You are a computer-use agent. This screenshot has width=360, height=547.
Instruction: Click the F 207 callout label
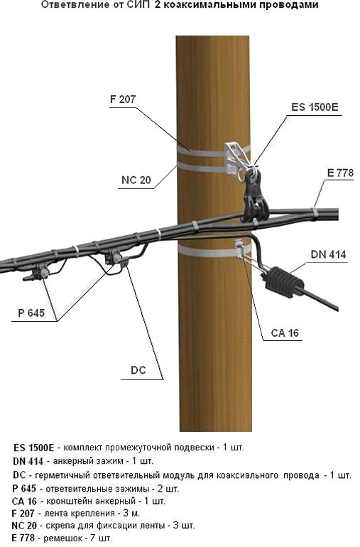[x=123, y=99]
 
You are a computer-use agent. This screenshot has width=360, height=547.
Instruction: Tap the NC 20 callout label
[x=136, y=180]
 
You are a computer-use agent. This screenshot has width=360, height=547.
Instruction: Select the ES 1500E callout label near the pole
[x=315, y=107]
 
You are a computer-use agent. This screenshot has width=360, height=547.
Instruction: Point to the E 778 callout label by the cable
[x=340, y=173]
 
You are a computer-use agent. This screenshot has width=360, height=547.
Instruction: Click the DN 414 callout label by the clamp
[x=328, y=254]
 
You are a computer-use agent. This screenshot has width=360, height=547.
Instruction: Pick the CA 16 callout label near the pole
[x=285, y=332]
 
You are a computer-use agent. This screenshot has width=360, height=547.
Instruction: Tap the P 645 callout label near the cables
[x=31, y=313]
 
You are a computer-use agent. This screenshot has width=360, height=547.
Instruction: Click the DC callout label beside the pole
[x=138, y=370]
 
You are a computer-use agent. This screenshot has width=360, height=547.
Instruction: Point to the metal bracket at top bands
[x=238, y=158]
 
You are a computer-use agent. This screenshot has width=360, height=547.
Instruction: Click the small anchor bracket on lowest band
[x=240, y=249]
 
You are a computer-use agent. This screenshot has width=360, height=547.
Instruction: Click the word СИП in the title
[x=136, y=5]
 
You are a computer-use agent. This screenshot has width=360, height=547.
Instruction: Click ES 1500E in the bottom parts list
[x=34, y=448]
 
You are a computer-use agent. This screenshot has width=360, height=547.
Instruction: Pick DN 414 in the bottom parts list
[x=28, y=461]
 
